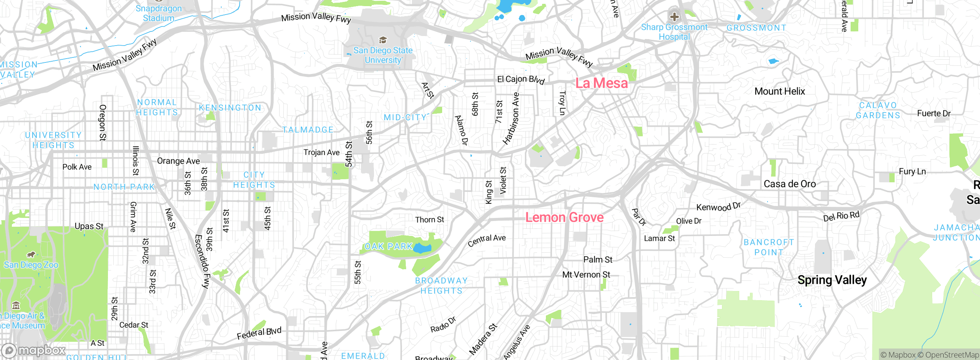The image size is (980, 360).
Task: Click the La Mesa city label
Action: [601, 83]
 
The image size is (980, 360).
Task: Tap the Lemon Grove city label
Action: [564, 218]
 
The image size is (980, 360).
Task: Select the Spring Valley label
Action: [832, 280]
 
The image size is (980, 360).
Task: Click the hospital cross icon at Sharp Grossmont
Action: [674, 17]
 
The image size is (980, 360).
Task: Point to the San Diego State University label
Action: [383, 55]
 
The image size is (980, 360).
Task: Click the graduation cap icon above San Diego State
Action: [383, 40]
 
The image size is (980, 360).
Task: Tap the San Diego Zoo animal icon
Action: [31, 255]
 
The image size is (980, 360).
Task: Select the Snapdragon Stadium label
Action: [158, 13]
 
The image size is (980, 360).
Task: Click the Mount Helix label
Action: [779, 91]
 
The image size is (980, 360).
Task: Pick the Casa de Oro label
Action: [789, 184]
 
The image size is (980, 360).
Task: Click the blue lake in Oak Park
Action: [422, 248]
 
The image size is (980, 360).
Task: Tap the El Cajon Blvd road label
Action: [521, 79]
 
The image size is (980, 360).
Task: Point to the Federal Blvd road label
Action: [259, 333]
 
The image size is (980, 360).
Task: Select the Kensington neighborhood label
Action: [230, 108]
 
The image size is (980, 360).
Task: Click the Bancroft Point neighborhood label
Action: [768, 247]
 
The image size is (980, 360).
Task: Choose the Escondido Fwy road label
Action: [202, 261]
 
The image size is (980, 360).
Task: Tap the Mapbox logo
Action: [34, 350]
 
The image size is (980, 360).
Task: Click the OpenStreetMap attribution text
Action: [952, 355]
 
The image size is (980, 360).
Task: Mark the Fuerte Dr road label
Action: [933, 113]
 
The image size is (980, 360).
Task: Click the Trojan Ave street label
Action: [321, 152]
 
